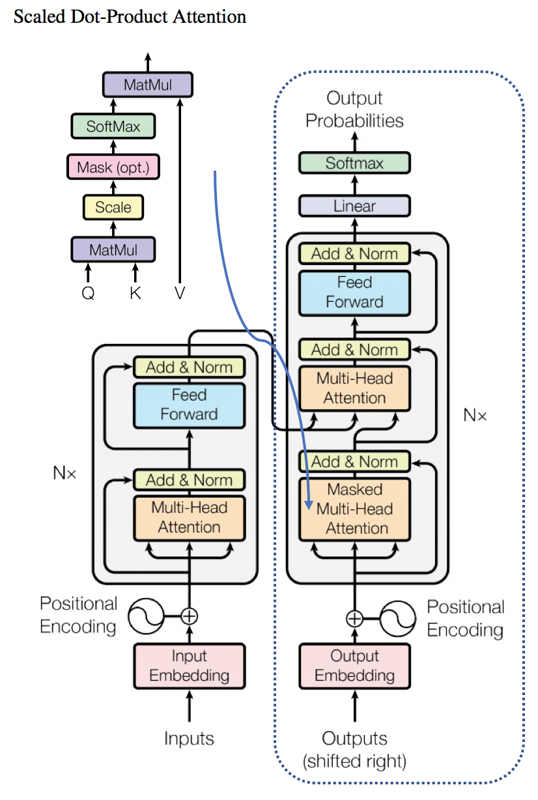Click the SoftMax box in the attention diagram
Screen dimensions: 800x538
(113, 125)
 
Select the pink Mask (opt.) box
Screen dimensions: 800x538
(113, 167)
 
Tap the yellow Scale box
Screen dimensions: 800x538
(113, 208)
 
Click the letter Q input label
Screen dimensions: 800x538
(88, 293)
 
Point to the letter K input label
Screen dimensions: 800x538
(135, 293)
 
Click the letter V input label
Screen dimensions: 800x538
(180, 293)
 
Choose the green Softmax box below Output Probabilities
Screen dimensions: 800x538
(355, 163)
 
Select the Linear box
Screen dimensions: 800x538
(355, 207)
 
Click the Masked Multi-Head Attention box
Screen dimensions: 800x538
(355, 509)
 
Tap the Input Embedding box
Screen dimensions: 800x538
(190, 666)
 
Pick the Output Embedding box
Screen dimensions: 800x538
(355, 666)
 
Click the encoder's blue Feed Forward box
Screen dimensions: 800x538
(190, 405)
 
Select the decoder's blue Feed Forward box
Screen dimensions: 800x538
(355, 293)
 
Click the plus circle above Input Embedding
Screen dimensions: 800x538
(189, 616)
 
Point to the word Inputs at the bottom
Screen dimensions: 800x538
(190, 738)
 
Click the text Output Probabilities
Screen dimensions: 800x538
(355, 109)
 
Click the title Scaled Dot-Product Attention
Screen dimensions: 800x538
(130, 17)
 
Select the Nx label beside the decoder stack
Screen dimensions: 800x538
(475, 415)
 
